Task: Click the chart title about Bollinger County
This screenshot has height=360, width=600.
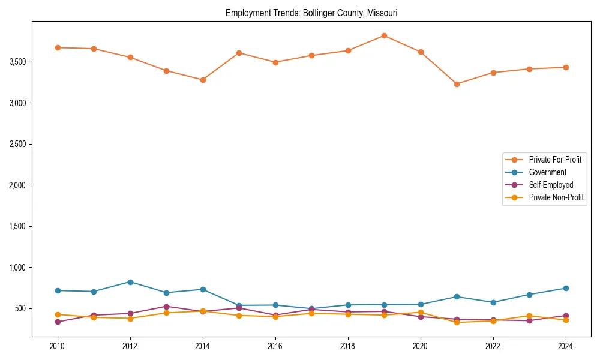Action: (x=311, y=13)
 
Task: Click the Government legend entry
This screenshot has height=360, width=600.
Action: (x=547, y=172)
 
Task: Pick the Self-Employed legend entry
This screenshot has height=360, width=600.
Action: (x=551, y=185)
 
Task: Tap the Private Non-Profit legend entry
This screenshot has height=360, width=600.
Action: (x=556, y=197)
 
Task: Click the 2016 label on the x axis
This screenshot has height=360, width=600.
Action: (x=275, y=347)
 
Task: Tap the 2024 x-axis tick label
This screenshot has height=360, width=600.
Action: (x=565, y=347)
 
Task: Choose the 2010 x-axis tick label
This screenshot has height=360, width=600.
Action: (x=58, y=347)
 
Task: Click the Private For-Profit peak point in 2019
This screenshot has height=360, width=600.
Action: (x=384, y=35)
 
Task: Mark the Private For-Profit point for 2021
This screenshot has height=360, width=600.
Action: (x=457, y=84)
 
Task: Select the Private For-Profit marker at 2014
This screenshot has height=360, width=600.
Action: (x=203, y=80)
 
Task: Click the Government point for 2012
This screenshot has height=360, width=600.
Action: (x=130, y=282)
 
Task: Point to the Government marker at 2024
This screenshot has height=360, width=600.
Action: (x=565, y=288)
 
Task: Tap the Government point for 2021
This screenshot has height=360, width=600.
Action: (x=457, y=296)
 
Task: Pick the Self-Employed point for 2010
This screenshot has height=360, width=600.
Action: (x=58, y=322)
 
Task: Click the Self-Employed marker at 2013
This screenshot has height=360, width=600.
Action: (x=166, y=307)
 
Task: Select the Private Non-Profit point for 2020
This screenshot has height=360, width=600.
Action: (x=420, y=312)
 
